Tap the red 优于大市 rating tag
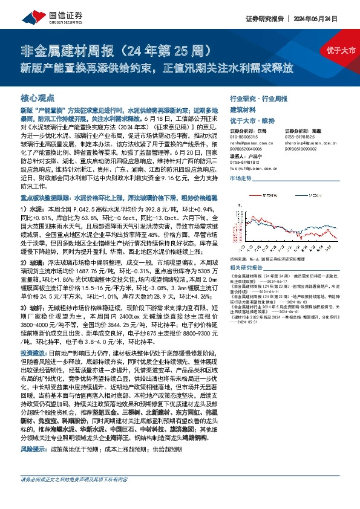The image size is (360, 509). coord(342,49)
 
